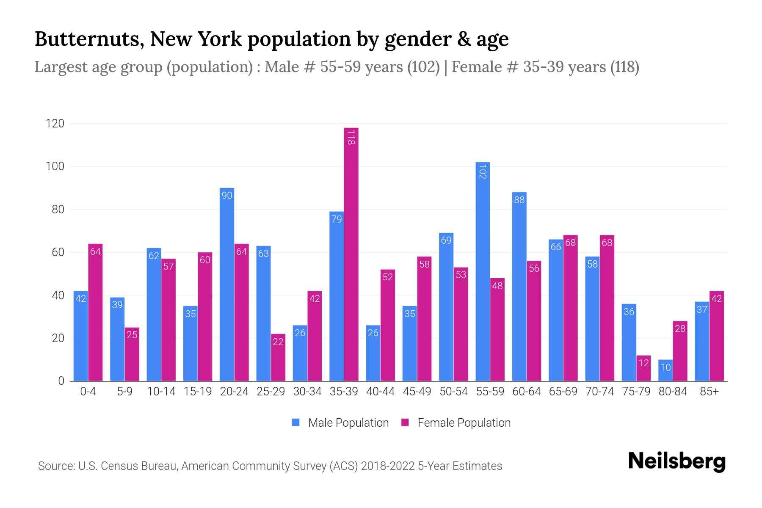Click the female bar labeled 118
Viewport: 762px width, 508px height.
(x=351, y=254)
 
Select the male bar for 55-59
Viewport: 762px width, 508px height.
(x=483, y=271)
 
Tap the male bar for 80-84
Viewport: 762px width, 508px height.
(x=665, y=370)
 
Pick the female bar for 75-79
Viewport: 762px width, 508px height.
(x=643, y=368)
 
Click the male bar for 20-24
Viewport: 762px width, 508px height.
(x=227, y=284)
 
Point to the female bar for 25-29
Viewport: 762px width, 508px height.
(x=278, y=358)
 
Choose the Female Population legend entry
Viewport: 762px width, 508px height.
(x=456, y=423)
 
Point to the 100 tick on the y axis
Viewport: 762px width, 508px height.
(x=55, y=166)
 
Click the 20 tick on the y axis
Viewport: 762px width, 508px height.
(x=58, y=338)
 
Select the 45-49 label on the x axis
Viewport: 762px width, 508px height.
(x=417, y=392)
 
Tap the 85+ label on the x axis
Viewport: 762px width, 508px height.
(x=709, y=392)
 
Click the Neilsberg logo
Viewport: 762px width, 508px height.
(x=676, y=461)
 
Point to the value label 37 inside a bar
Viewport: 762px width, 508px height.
(x=702, y=310)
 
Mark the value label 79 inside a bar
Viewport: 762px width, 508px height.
(x=337, y=219)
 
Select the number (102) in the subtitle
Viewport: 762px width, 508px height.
(x=423, y=67)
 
